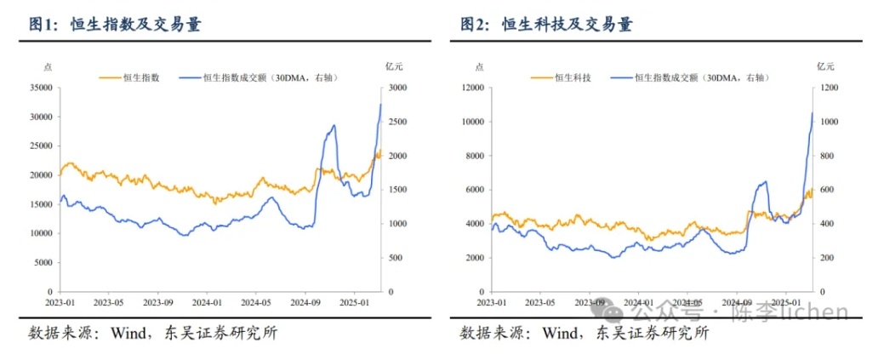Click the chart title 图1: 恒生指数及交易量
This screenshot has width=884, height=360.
click(116, 25)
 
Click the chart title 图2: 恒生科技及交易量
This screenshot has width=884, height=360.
click(546, 25)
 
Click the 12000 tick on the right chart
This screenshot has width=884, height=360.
click(471, 88)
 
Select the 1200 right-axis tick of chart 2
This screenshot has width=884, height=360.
click(829, 88)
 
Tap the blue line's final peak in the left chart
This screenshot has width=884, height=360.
click(380, 104)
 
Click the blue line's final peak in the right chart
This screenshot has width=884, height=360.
click(812, 112)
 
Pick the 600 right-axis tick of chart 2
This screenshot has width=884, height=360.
click(826, 190)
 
